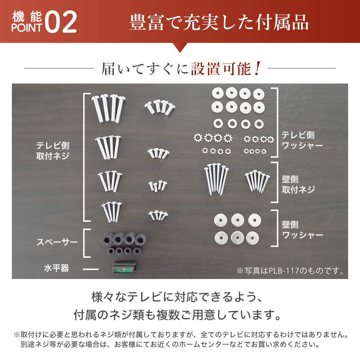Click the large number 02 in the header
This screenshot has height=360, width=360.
tap(60, 22)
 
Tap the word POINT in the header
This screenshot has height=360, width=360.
tap(27, 28)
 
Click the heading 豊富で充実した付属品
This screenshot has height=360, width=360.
tap(219, 22)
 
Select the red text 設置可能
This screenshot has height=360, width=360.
tap(221, 69)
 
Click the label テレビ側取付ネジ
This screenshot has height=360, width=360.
tap(53, 150)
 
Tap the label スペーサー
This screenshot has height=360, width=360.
tap(57, 242)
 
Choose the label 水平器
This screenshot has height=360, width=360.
tap(57, 268)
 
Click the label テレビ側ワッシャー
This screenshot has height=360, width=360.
tap(302, 140)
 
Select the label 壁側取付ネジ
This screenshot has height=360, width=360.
tap(298, 185)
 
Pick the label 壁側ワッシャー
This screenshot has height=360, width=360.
tap(302, 230)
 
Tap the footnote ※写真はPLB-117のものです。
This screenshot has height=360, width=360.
tap(291, 271)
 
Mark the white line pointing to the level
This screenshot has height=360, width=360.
tap(90, 269)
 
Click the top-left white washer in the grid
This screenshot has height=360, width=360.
tap(218, 94)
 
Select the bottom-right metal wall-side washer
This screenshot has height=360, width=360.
tap(252, 238)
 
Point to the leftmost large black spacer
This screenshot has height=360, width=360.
tap(107, 240)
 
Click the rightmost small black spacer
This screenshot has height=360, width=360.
tap(137, 251)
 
